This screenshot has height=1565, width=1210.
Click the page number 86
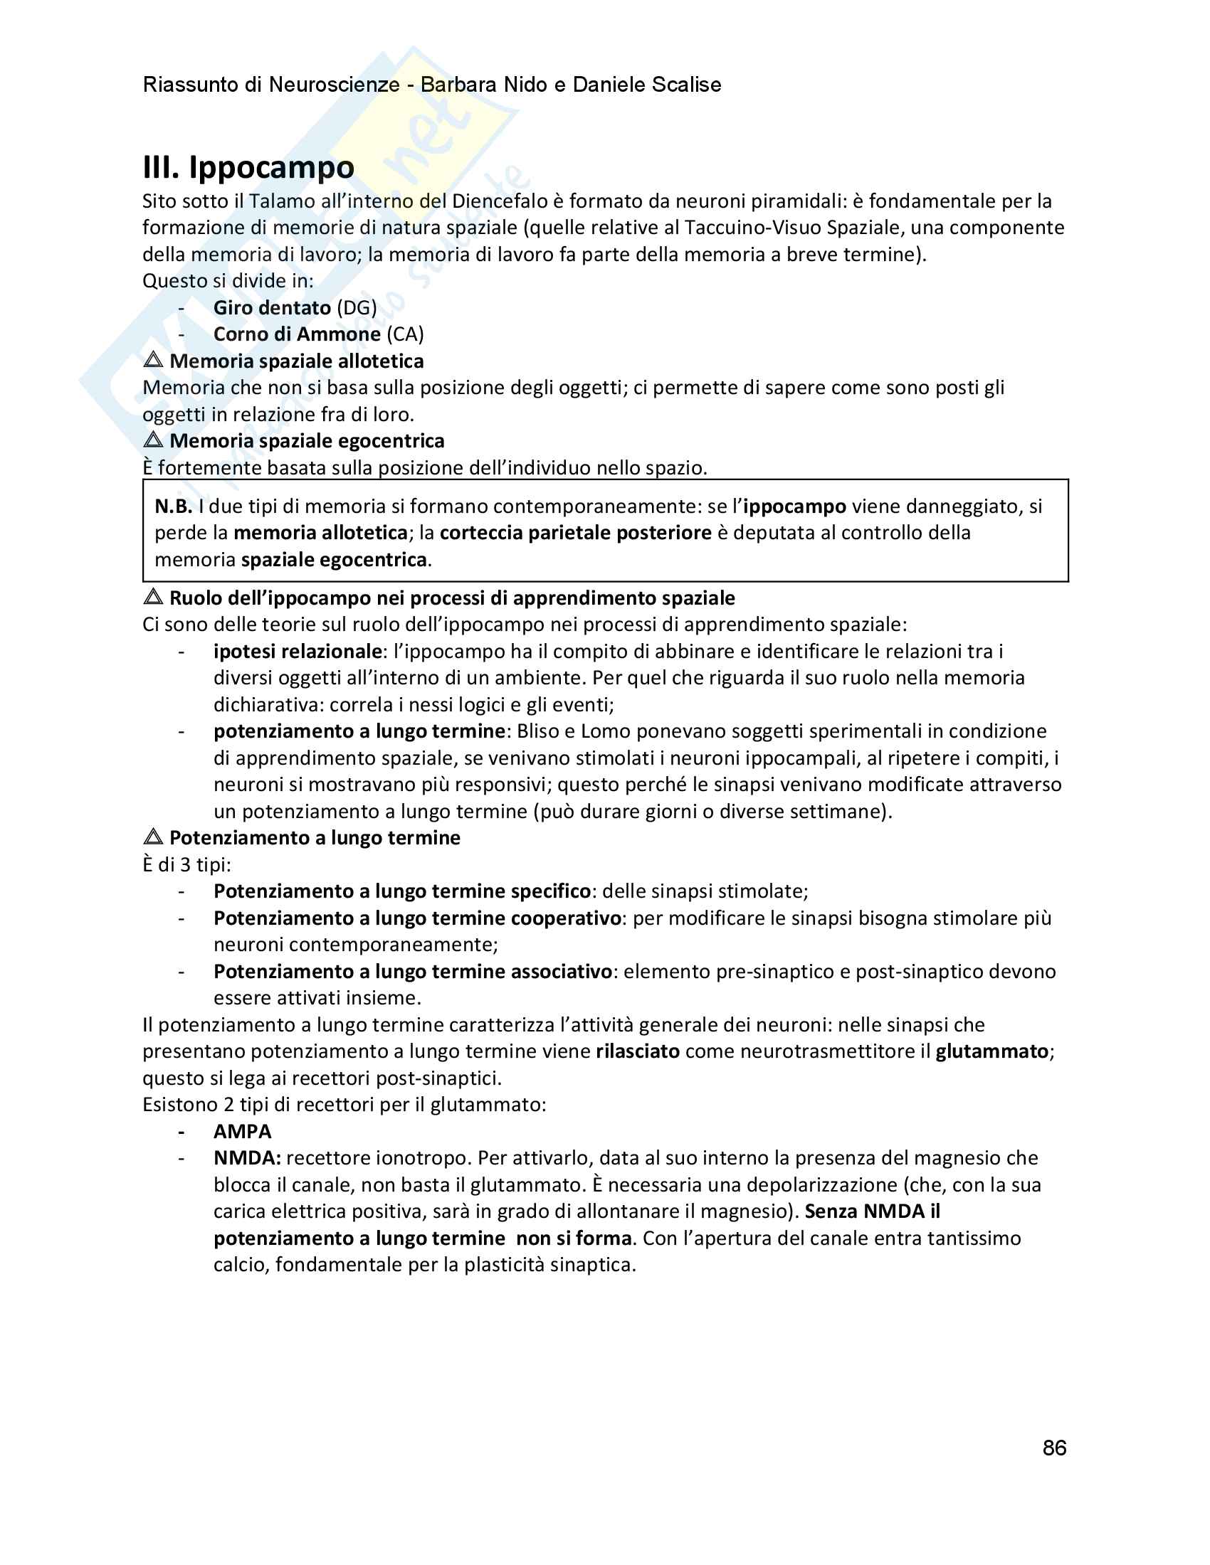tap(1054, 1448)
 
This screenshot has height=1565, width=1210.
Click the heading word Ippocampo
tap(271, 168)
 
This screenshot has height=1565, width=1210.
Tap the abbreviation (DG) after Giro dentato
tap(357, 308)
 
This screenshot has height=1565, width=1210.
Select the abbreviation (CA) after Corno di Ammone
tap(405, 334)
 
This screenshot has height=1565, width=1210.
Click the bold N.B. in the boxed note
tap(173, 506)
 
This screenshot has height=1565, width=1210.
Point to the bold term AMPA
tap(242, 1132)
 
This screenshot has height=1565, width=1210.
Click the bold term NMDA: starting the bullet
tap(247, 1158)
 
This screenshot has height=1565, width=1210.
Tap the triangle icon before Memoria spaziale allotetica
tap(154, 360)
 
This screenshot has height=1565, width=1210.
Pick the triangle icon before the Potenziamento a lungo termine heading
tap(154, 837)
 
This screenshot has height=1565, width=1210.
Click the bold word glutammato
tap(992, 1051)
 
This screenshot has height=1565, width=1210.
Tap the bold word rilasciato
tap(637, 1051)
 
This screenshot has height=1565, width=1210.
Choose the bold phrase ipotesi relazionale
tap(298, 652)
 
